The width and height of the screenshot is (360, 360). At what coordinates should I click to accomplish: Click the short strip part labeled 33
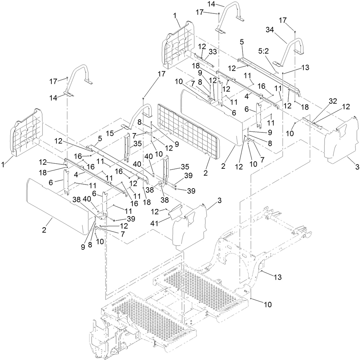[x=204, y=60]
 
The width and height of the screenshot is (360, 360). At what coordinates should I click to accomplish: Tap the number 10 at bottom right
[x=267, y=305]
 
